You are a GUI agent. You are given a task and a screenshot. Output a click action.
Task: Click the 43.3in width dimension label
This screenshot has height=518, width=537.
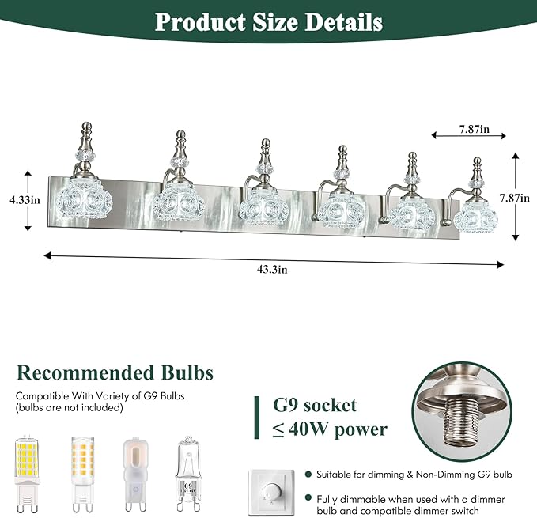tap(272, 270)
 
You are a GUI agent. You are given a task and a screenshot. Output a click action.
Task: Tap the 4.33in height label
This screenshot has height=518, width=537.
tap(25, 199)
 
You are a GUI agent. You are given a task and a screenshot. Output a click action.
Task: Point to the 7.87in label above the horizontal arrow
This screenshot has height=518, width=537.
tap(475, 129)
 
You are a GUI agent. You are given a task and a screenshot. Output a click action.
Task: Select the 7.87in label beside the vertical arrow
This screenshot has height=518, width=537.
tap(515, 198)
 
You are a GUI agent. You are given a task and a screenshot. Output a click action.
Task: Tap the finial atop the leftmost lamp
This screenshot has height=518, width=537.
tap(87, 142)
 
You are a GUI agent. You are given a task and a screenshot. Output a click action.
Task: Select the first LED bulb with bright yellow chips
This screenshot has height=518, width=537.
tap(28, 474)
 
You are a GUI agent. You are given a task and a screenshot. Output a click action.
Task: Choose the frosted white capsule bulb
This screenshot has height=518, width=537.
tap(135, 474)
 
